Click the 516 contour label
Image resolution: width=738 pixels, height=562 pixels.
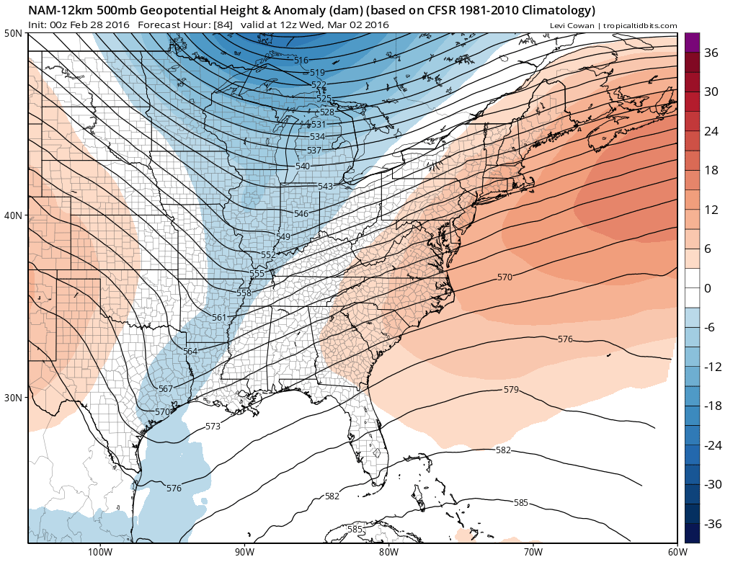click(x=301, y=61)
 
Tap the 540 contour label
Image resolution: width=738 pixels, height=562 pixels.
click(x=303, y=166)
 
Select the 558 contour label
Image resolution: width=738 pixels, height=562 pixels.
click(x=244, y=293)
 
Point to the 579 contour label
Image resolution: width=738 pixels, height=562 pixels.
click(x=511, y=390)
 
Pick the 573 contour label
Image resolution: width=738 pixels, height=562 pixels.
click(x=213, y=427)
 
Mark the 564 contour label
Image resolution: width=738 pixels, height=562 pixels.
click(x=190, y=352)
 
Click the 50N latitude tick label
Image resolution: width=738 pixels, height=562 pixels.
click(x=13, y=34)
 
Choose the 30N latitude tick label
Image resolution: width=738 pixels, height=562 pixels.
click(x=13, y=398)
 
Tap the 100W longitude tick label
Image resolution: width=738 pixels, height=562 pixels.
click(x=99, y=552)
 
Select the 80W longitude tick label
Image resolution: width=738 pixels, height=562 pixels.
click(x=388, y=552)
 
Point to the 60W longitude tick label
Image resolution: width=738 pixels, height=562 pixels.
click(x=676, y=552)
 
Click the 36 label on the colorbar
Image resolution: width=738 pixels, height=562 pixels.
click(x=712, y=53)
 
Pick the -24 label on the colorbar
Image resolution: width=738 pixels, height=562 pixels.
click(x=712, y=445)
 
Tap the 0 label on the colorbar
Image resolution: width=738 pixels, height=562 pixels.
click(x=708, y=288)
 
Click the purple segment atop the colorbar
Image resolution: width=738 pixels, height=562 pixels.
click(x=691, y=43)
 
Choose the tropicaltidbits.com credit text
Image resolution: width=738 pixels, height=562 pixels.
click(x=639, y=26)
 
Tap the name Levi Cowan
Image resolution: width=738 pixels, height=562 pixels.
click(x=572, y=26)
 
